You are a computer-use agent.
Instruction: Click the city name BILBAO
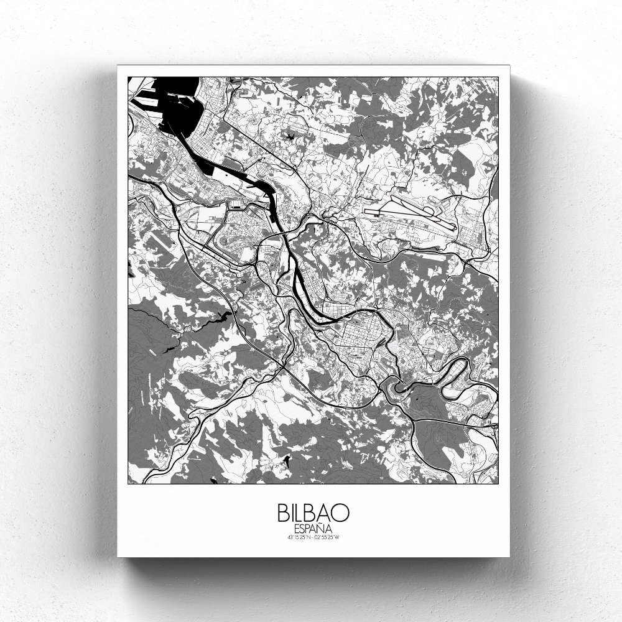click(313, 513)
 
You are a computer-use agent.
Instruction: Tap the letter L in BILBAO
click(302, 513)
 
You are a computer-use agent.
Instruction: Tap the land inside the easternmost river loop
click(457, 373)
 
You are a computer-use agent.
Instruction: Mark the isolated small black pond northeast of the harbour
click(290, 134)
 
